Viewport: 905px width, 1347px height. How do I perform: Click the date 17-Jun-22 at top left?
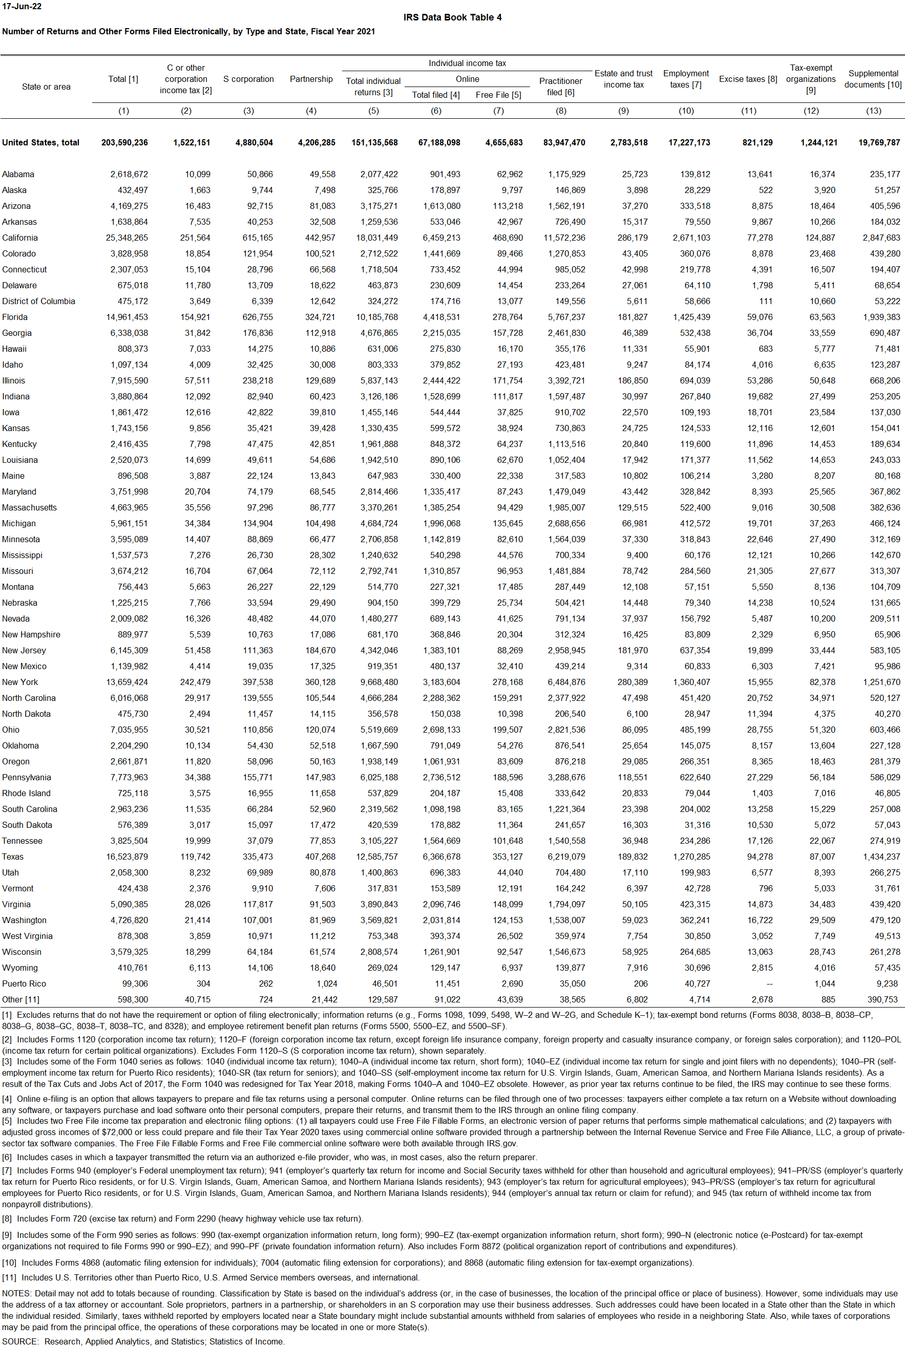coord(22,6)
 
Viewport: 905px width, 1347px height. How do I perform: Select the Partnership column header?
coord(311,79)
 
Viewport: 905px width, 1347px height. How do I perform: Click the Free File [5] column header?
coord(498,95)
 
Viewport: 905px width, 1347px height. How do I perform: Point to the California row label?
coord(20,238)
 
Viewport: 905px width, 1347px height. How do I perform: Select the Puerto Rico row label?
coord(24,983)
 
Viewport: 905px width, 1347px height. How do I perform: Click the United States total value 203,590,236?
coord(124,142)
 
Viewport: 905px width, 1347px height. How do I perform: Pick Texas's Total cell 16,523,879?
coord(127,857)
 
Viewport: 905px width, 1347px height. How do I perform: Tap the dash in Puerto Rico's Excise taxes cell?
coord(769,983)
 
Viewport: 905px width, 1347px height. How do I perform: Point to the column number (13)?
coord(873,111)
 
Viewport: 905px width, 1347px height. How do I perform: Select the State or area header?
coord(46,87)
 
